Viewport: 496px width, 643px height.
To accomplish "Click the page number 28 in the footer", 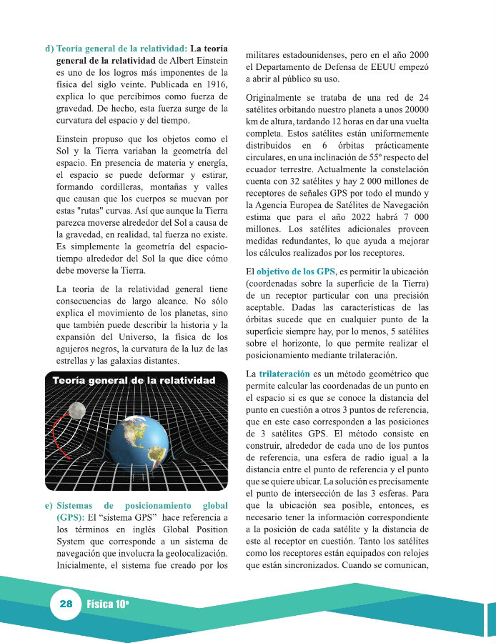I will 66,604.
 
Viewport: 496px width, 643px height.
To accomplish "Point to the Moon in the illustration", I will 77,409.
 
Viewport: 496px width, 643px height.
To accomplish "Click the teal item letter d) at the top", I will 49,48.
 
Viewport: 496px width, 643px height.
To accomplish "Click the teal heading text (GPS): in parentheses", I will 71,517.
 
